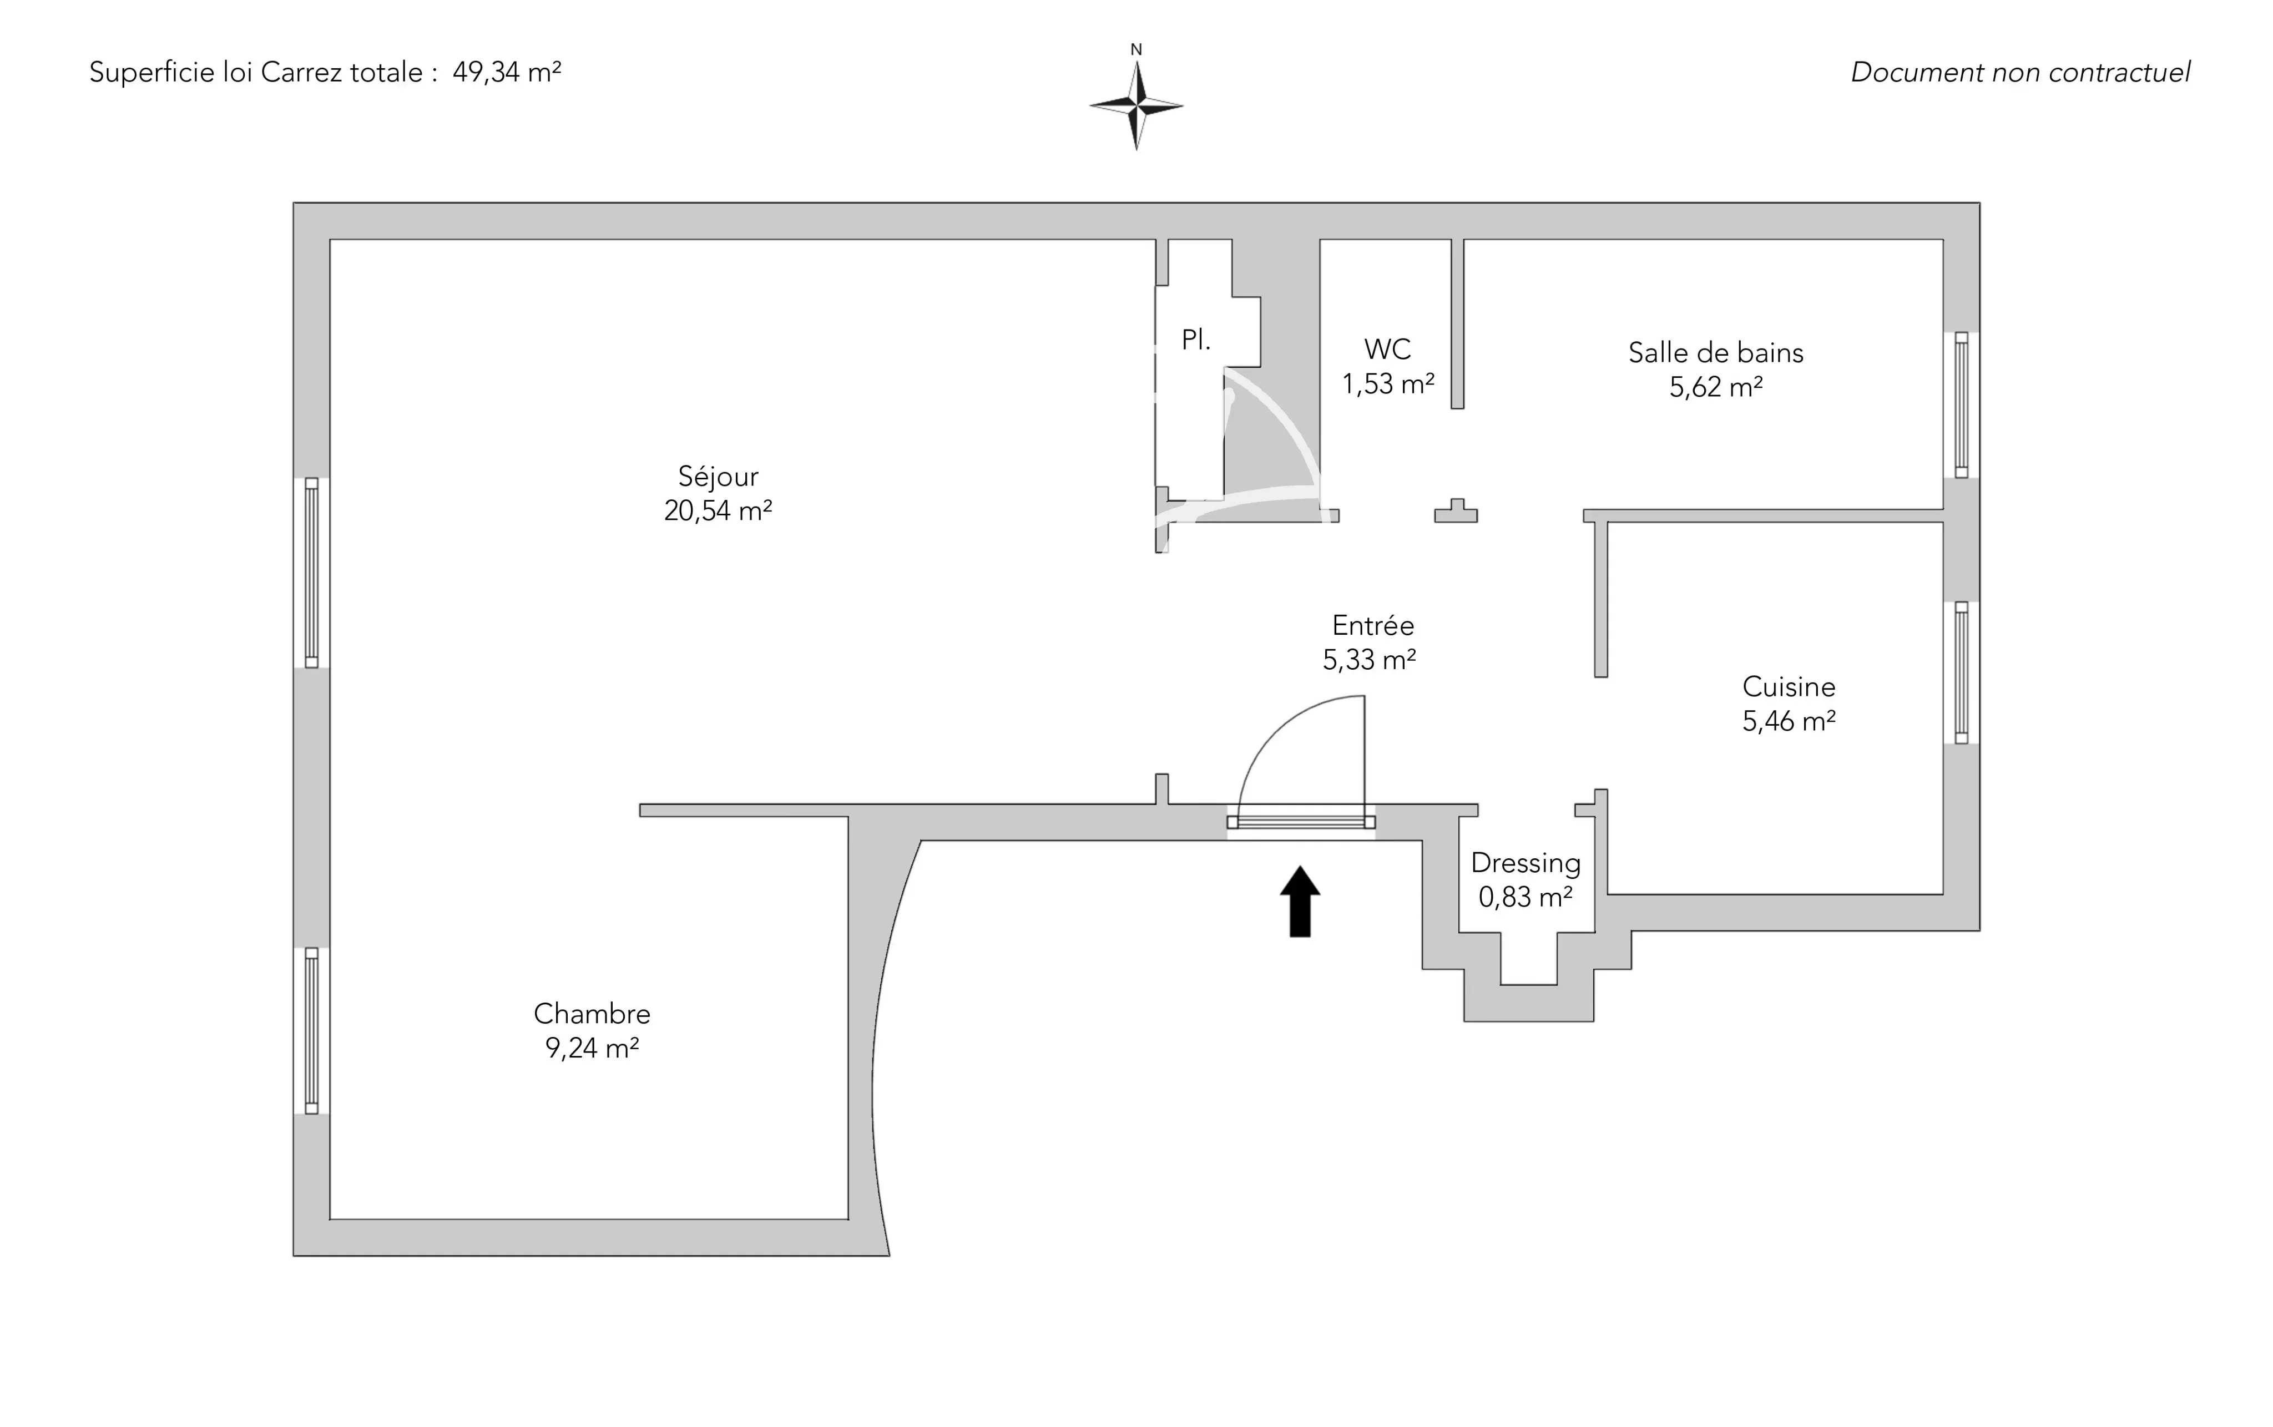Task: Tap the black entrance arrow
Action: tap(1300, 902)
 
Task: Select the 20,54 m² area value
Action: tap(718, 510)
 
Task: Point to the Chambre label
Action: tap(592, 1014)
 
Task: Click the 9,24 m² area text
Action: tap(592, 1048)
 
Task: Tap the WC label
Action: tap(1387, 349)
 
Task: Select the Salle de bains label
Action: tap(1716, 353)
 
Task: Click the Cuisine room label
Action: tap(1789, 686)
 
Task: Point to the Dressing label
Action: tap(1526, 863)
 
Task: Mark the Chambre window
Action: tap(311, 1031)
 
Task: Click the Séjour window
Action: tap(311, 573)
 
